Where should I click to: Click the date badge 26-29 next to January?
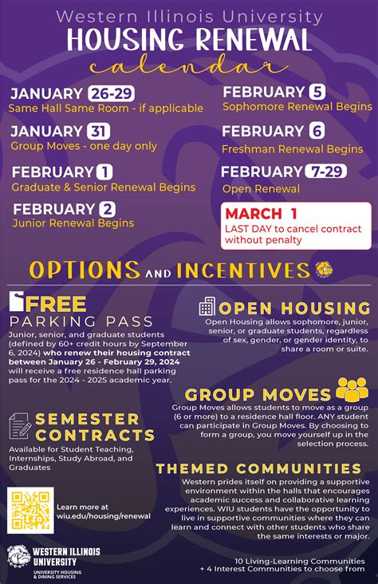point(112,94)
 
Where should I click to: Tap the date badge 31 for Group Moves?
point(99,132)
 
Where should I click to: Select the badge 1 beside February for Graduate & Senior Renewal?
point(104,172)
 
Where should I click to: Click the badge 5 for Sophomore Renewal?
point(317,91)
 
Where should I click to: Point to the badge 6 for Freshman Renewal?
point(317,131)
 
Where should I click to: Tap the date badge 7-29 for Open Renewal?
point(326,172)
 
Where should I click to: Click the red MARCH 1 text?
point(261,214)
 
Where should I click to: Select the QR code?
point(30,511)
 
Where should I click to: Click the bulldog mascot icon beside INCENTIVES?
point(323,269)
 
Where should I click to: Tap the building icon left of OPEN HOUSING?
point(207,306)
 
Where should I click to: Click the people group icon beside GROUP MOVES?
point(351,391)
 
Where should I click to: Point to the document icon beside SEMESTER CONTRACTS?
point(21,427)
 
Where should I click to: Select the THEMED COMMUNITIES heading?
point(258,468)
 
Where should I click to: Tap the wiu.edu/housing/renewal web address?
point(104,516)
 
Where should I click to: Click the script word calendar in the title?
point(188,66)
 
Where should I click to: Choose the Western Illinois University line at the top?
point(189,17)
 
